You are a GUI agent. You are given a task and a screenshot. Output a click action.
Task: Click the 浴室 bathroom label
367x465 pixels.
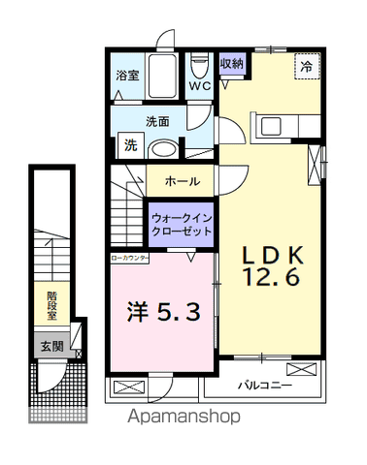pos(127,74)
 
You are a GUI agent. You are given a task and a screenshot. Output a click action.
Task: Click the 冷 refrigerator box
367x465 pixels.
pos(307,68)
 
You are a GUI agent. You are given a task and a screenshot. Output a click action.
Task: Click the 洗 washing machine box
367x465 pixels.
pos(129,146)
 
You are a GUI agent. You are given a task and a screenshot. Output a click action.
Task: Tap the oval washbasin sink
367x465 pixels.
pos(164,149)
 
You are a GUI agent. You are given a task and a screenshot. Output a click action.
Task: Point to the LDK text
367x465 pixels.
pos(274,254)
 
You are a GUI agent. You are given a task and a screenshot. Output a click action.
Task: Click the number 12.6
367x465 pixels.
pos(274,276)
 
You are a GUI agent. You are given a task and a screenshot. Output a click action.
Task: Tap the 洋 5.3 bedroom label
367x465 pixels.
pos(163,312)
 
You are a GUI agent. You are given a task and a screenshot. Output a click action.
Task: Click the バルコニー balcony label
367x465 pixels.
pos(266,386)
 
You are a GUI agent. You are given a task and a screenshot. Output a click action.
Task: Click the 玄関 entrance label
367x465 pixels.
pos(51,345)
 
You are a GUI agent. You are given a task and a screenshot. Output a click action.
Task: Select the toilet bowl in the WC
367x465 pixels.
pos(201,67)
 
